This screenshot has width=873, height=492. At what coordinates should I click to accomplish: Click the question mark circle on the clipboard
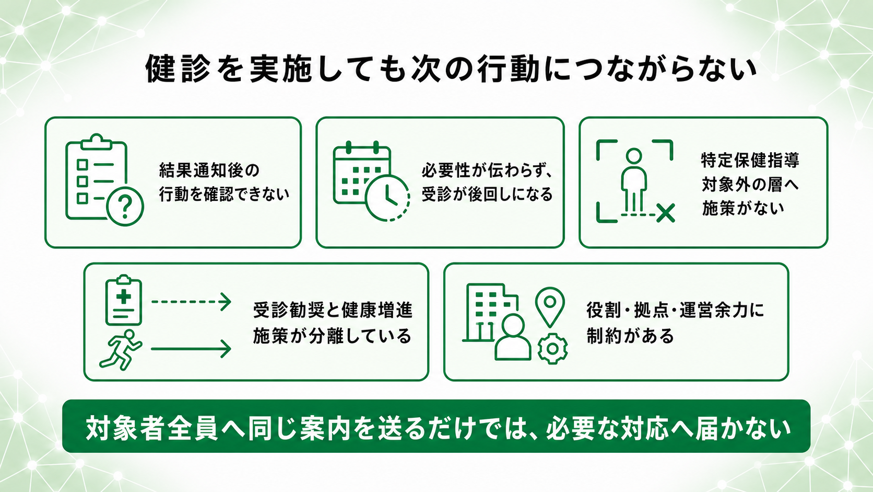(x=125, y=207)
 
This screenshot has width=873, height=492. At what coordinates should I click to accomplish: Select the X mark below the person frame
(x=666, y=213)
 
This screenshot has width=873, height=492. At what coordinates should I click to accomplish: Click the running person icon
(x=121, y=350)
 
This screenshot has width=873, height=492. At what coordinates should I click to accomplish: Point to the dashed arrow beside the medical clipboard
(x=191, y=302)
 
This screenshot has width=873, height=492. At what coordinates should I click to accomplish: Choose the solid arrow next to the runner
(x=191, y=349)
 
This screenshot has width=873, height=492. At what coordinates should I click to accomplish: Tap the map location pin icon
(x=550, y=307)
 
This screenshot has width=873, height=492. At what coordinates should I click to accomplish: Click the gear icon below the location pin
(x=552, y=349)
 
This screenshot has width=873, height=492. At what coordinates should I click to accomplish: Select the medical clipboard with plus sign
(x=124, y=300)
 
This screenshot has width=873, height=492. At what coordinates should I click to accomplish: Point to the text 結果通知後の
(x=209, y=170)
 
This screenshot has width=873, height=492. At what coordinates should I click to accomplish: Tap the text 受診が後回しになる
(x=487, y=194)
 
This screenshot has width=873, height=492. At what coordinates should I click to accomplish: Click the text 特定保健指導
(x=750, y=160)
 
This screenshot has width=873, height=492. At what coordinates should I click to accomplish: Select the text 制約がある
(x=630, y=336)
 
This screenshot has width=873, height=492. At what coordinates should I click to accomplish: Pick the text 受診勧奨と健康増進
(x=333, y=310)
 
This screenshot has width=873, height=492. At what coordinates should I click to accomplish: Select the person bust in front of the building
(x=513, y=337)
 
